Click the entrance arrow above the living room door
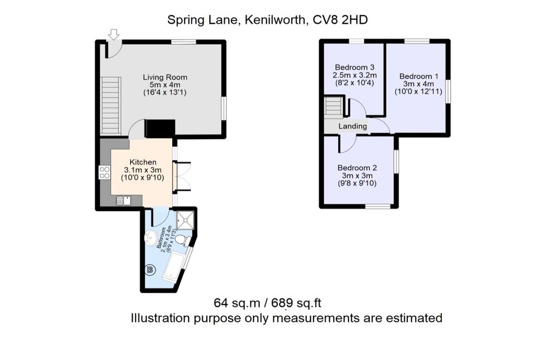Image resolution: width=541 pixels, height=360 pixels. (114, 35)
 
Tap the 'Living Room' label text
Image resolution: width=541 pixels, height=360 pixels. (165, 77)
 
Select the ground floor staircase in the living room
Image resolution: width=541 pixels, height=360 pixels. (110, 105)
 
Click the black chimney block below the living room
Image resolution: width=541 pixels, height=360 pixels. (160, 129)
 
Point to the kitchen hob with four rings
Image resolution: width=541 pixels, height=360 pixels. (104, 173)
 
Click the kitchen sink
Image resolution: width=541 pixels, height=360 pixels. (123, 201)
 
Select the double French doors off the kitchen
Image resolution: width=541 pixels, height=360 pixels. (182, 177)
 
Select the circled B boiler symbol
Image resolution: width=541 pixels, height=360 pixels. (149, 271)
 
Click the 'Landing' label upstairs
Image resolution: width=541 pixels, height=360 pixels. (352, 126)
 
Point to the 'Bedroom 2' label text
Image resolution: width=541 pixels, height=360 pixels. (358, 168)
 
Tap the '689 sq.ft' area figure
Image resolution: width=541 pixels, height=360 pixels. (296, 303)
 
